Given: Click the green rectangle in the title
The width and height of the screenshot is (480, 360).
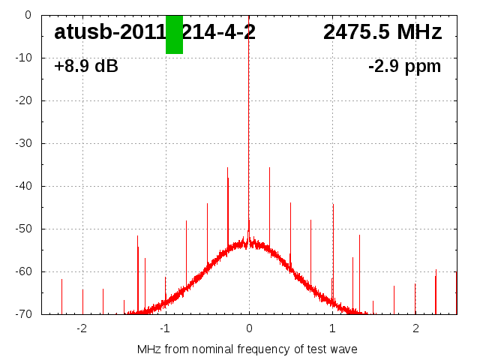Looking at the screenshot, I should point(174,34).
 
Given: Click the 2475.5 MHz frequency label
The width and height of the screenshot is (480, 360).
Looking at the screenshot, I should point(382,32).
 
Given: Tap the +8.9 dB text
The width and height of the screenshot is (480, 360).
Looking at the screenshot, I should point(86,67).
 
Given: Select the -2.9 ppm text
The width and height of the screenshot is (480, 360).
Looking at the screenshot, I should point(404,67).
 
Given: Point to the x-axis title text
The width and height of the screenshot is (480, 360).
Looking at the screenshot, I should point(247,349).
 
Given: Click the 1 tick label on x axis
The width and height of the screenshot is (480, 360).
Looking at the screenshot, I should point(332,328).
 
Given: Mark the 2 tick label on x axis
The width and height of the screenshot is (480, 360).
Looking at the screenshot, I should point(415,328).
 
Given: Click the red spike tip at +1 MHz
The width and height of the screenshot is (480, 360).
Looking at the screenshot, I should point(333,204).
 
